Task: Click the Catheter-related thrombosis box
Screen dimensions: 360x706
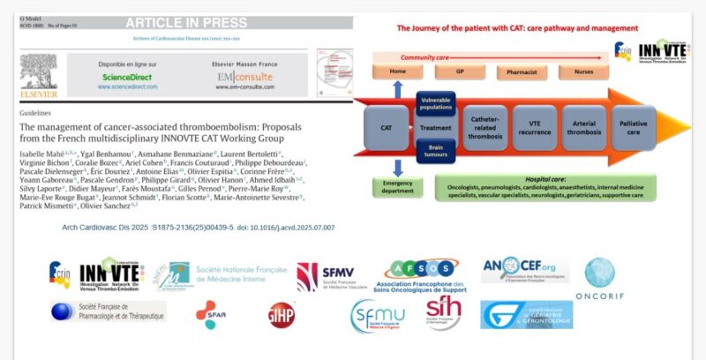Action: (x=485, y=128)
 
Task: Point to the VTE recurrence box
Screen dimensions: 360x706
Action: (x=534, y=128)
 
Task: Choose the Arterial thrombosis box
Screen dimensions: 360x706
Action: (x=584, y=128)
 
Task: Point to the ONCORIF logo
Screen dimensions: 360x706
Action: (x=600, y=281)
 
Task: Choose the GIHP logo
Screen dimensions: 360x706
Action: (x=282, y=315)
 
